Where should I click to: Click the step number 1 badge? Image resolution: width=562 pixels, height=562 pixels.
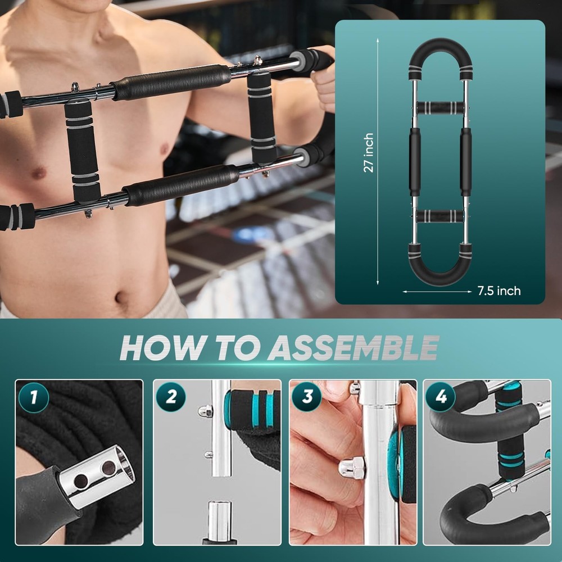tap(33, 397)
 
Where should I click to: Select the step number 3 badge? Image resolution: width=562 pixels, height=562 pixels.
tap(307, 397)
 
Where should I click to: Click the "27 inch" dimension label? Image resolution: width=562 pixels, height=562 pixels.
tap(368, 153)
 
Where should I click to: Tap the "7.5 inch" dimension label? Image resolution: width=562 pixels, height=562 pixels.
tap(498, 291)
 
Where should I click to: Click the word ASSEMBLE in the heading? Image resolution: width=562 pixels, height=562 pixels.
tap(352, 348)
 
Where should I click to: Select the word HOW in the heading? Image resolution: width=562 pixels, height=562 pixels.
tap(158, 348)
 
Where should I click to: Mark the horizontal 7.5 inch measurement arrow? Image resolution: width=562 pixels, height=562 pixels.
tap(437, 291)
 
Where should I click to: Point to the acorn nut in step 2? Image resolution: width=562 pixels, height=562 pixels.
tap(205, 412)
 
